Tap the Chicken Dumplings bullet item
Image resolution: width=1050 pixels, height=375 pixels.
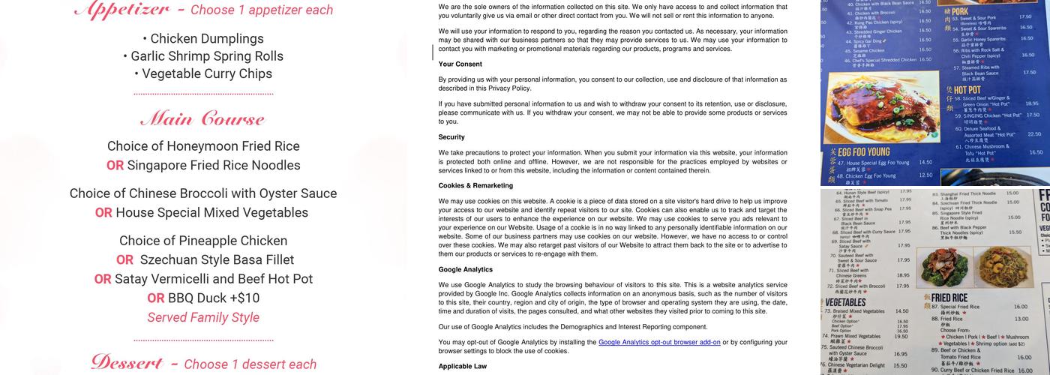point(202,39)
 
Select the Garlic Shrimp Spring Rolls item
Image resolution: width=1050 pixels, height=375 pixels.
point(202,56)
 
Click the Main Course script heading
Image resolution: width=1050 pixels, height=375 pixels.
point(202,119)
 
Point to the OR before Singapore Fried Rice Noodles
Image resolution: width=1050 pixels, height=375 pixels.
point(115,166)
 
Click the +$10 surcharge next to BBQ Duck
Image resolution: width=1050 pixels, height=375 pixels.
point(243,298)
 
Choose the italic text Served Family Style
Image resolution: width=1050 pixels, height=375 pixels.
point(203,317)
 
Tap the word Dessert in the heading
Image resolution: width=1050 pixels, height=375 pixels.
point(127,363)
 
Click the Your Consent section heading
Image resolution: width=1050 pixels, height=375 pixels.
point(460,64)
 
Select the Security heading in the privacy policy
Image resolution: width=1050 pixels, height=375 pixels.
point(451,137)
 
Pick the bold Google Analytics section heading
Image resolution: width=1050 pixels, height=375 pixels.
point(466,269)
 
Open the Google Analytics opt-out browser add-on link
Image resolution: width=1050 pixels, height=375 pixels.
point(659,342)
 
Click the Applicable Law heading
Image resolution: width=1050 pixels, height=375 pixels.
point(463,366)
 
